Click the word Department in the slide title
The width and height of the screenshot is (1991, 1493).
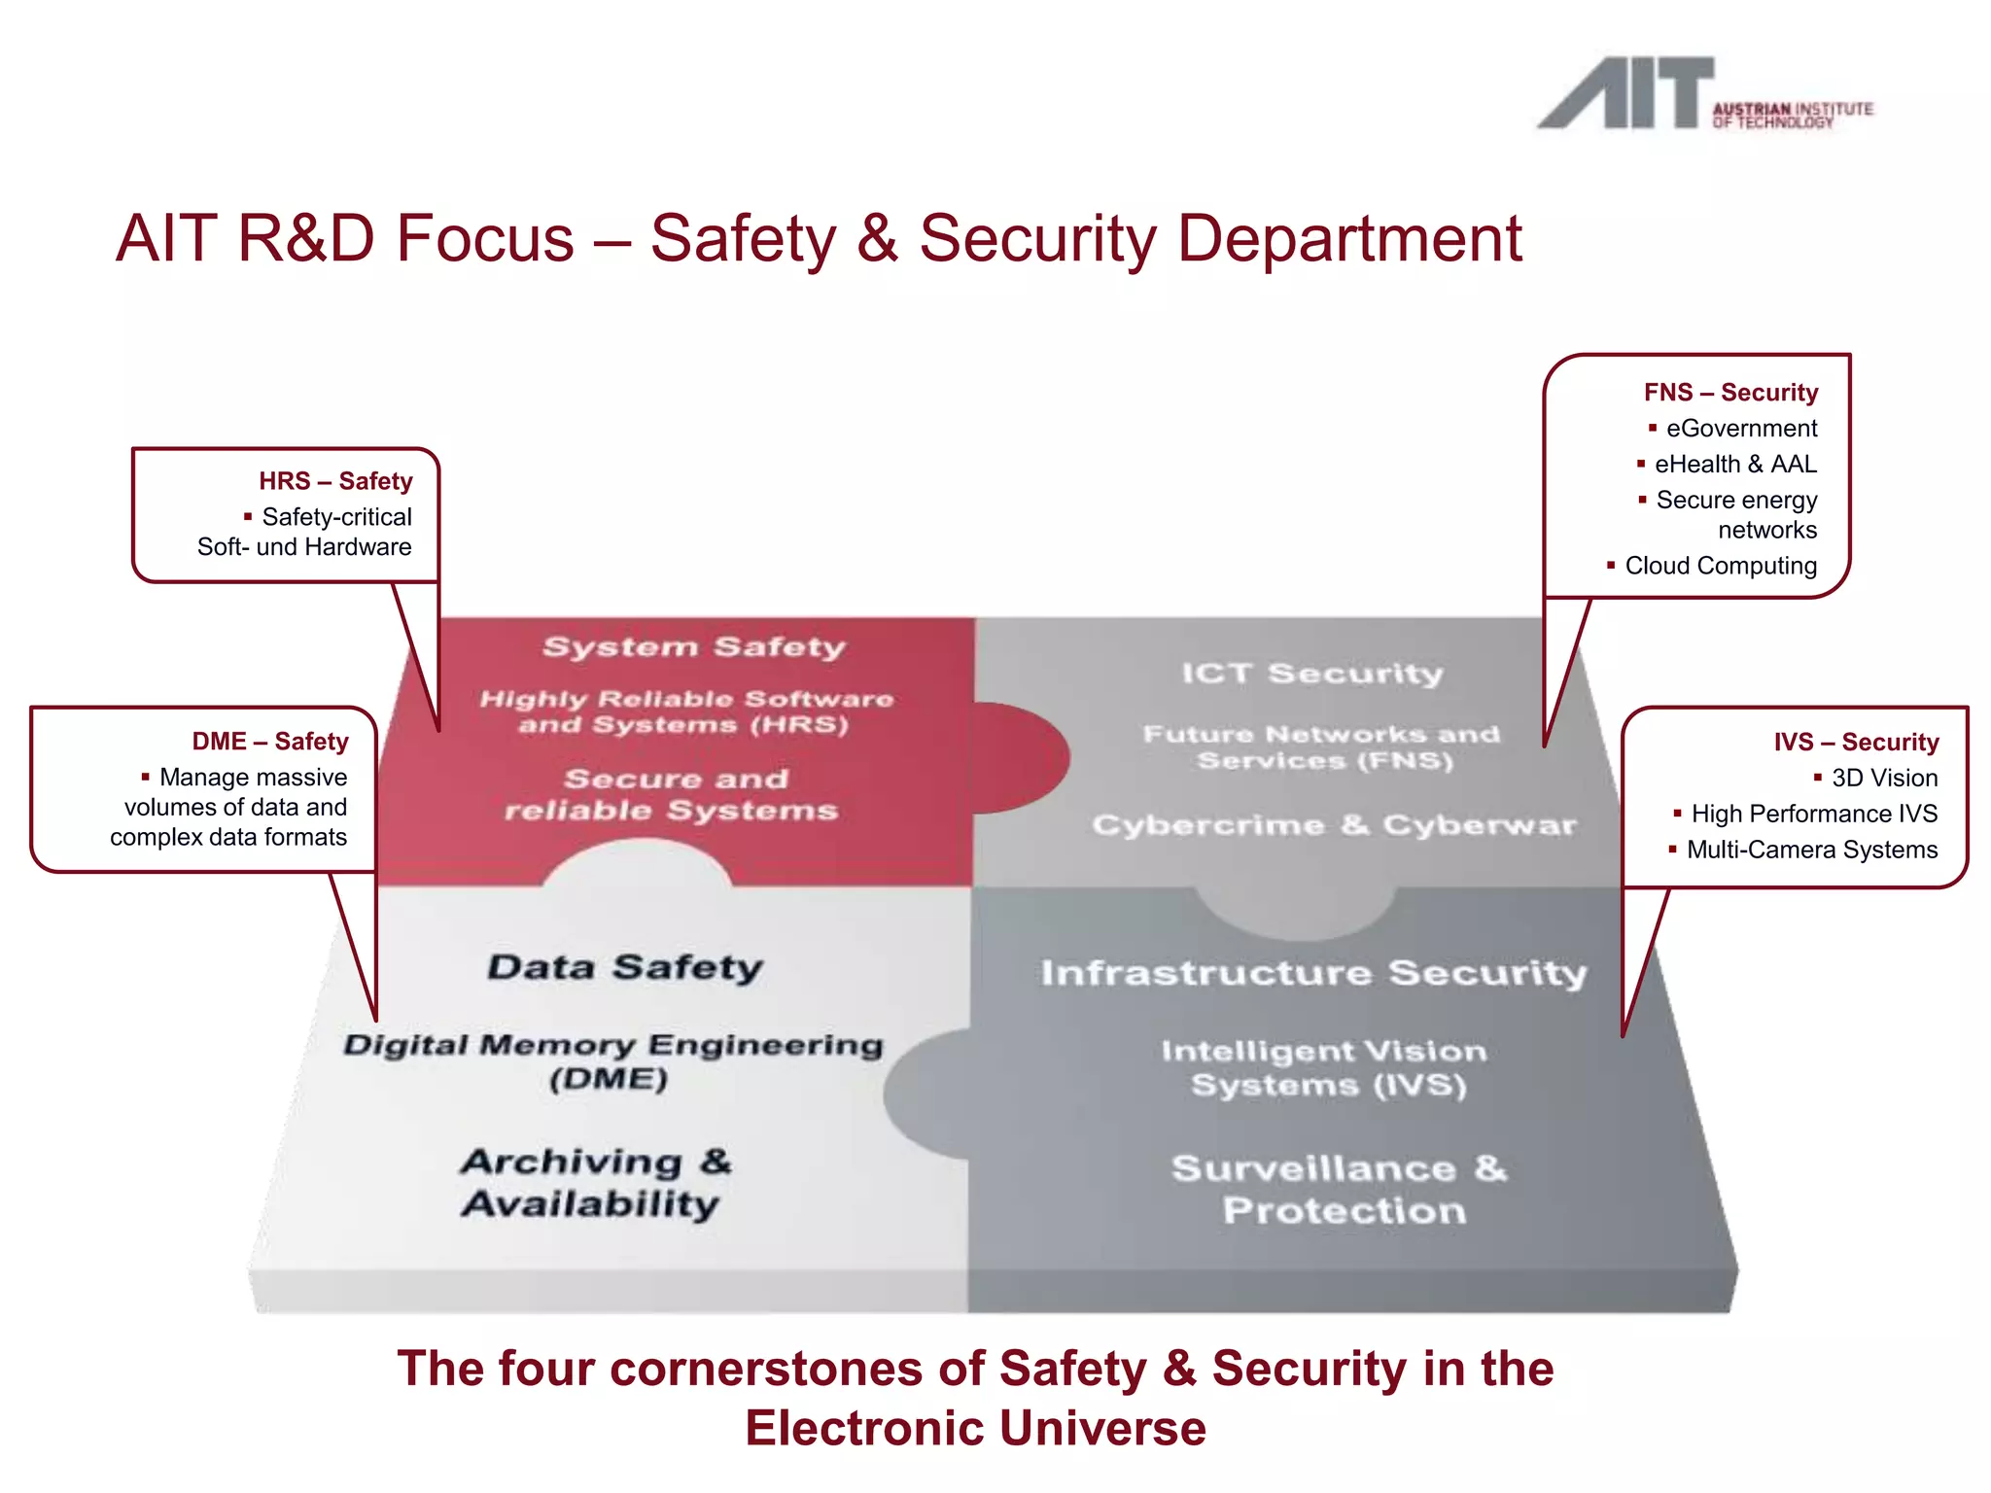(1349, 239)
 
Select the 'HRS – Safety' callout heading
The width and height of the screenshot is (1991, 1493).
(335, 481)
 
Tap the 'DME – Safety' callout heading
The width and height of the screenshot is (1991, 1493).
(269, 742)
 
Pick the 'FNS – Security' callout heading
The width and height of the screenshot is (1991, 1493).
(1730, 393)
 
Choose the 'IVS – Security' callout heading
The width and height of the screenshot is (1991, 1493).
(1856, 743)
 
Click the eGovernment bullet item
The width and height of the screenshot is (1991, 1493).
(1740, 429)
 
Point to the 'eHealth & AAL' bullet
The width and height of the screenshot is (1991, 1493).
(1734, 465)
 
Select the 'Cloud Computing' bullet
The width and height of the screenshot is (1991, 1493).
(1720, 566)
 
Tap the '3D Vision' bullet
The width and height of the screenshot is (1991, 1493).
(1883, 779)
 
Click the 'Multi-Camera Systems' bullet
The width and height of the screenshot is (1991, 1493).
(1811, 850)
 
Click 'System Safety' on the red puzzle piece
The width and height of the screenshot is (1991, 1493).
(694, 647)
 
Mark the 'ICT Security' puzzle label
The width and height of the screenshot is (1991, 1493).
(1312, 673)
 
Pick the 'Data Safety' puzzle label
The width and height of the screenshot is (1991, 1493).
(625, 967)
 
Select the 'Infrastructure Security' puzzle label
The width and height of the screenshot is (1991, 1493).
(1313, 973)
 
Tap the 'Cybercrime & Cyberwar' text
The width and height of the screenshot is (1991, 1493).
(1334, 825)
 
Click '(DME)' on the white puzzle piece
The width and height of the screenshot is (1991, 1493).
(609, 1079)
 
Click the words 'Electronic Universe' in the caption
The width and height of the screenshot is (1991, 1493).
(975, 1429)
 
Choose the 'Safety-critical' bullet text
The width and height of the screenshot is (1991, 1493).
(336, 517)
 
